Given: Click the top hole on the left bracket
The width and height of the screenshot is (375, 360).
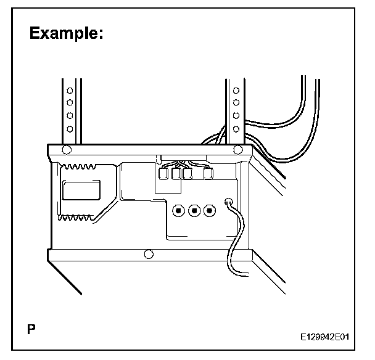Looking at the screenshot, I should (70, 90).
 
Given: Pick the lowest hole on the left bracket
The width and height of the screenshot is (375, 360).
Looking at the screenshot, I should (70, 128).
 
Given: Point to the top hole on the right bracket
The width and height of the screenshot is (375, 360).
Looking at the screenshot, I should (235, 91).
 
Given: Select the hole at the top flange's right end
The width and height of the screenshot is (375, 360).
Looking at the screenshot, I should (237, 149).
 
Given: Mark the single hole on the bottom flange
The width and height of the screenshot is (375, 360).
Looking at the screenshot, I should (147, 253).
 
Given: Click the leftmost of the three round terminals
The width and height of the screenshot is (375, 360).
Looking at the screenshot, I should (178, 211).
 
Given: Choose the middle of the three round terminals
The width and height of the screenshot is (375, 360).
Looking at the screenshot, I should (194, 211).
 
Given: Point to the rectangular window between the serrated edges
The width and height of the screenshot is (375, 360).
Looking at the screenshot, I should (80, 189).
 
